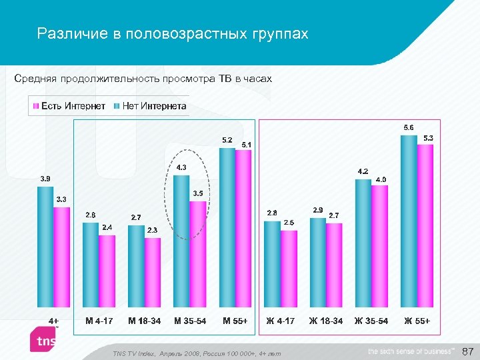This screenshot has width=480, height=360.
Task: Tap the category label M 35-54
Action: tap(190, 321)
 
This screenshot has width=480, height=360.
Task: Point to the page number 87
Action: tap(467, 351)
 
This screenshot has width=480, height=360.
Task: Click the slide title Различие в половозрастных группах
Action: tap(173, 33)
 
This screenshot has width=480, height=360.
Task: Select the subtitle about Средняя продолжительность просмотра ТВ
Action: tap(143, 79)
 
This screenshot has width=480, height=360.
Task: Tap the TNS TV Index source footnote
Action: tap(197, 353)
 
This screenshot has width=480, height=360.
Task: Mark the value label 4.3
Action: tap(181, 167)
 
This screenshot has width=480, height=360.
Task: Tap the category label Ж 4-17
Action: tap(280, 321)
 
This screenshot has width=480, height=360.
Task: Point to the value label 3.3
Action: tap(61, 199)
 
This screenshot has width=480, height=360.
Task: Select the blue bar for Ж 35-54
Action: tap(363, 243)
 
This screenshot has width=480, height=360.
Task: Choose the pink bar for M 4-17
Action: tap(107, 271)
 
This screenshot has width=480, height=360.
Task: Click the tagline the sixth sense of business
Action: tap(410, 351)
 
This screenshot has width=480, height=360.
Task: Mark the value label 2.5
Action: tap(289, 223)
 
